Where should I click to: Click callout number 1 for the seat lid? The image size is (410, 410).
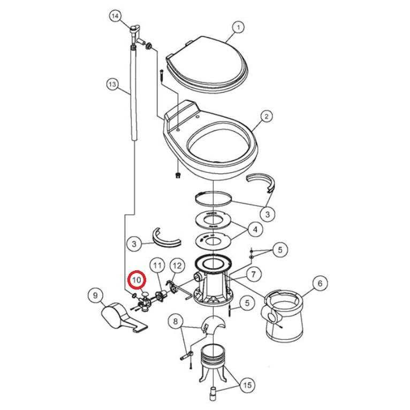[238, 27]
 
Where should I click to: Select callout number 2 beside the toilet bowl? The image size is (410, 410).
[266, 116]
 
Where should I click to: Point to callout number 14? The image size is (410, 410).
[115, 16]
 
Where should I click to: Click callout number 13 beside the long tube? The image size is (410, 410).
[112, 84]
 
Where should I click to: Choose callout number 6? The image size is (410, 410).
[320, 283]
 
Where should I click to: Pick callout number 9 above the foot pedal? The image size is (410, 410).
[95, 296]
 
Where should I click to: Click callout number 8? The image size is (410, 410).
[176, 321]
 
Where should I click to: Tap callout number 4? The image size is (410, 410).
[255, 229]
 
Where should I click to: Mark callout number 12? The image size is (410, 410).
[177, 265]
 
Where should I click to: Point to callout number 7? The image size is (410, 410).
[253, 274]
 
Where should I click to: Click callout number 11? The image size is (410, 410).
[157, 265]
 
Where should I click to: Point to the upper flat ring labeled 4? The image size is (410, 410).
[213, 220]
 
